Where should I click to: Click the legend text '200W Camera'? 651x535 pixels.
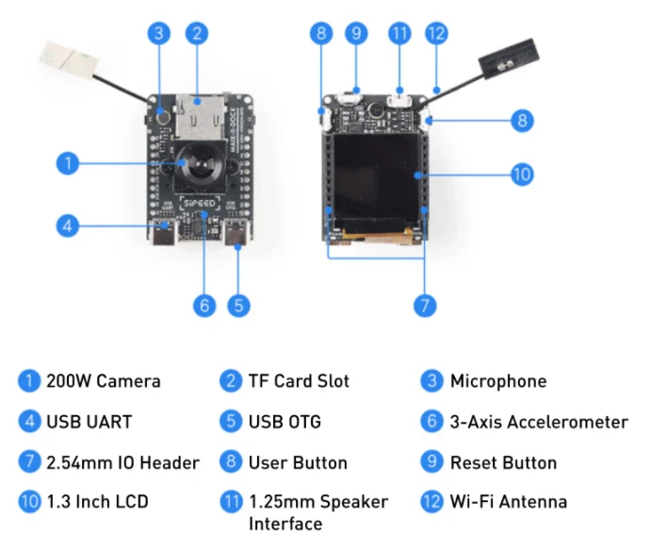(x=103, y=381)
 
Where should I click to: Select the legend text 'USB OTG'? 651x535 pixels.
(x=285, y=421)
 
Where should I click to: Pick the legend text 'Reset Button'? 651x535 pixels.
(x=503, y=462)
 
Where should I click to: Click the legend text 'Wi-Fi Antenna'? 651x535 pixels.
(x=509, y=502)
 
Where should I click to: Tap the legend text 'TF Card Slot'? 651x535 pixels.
(x=299, y=381)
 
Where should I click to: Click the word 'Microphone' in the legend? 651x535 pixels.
(x=498, y=381)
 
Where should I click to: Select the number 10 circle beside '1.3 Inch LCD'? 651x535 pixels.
(x=29, y=502)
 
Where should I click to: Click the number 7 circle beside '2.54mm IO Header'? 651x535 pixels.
(x=29, y=462)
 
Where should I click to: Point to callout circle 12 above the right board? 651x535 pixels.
(x=435, y=33)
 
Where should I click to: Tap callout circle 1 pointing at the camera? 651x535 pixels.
(x=66, y=162)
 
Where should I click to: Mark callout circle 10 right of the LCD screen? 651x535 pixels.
(x=521, y=174)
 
